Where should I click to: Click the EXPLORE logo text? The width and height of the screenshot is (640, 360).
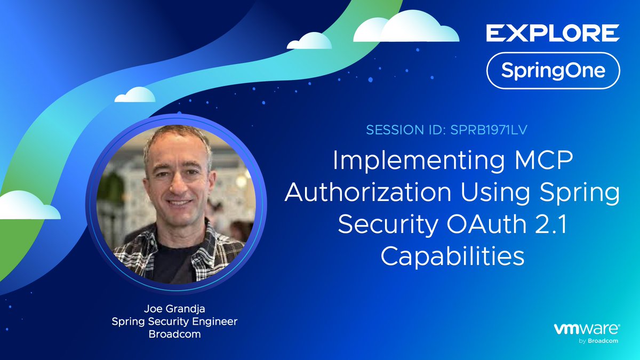[x=553, y=33]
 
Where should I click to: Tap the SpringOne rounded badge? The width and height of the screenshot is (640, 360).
[x=553, y=70]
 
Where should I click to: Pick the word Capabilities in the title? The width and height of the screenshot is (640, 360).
[x=452, y=257]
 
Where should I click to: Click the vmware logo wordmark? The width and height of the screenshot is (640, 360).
[x=586, y=329]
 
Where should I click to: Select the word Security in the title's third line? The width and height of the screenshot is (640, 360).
[x=383, y=225]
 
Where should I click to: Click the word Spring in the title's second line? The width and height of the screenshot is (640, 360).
[x=585, y=193]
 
